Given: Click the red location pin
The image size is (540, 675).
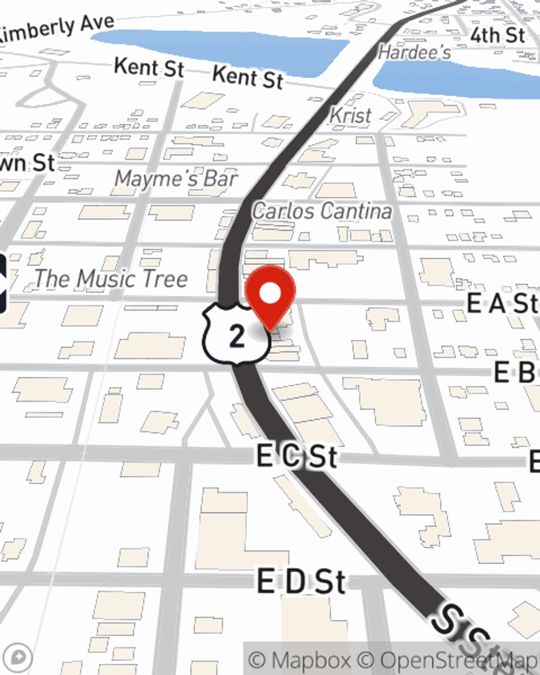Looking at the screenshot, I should [x=270, y=295].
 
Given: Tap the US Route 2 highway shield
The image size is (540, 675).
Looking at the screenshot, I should [x=237, y=335].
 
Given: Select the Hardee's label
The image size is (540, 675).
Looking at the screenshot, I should [x=414, y=52].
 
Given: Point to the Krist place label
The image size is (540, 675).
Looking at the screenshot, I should [x=350, y=115].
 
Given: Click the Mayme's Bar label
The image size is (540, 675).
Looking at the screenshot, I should [x=176, y=179].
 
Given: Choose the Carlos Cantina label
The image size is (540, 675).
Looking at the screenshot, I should [x=322, y=211].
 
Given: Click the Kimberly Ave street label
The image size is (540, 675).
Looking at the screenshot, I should [x=57, y=30].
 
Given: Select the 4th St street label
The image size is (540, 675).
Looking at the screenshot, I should [x=497, y=36].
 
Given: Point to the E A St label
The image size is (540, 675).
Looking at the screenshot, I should [x=502, y=303].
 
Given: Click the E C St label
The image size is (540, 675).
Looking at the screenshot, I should [x=297, y=456].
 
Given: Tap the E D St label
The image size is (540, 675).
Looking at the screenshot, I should [x=301, y=582].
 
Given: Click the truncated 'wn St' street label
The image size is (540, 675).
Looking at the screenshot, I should [x=27, y=163].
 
